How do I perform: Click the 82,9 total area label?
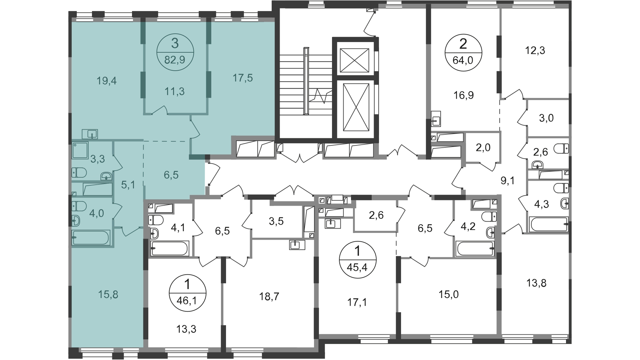pos(175,61)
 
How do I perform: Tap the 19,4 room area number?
pos(107,81)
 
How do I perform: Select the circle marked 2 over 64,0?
pos(464,53)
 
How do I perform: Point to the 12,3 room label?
pos(535,51)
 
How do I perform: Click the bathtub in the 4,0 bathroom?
pos(91,238)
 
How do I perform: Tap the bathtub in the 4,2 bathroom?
pos(475,249)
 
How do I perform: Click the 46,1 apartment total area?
pos(188,301)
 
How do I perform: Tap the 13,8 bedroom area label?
pos(537,283)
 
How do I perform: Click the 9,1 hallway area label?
pos(508,180)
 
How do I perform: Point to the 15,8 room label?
pos(108,294)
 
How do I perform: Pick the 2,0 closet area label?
pos(483,147)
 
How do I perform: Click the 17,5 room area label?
pos(243,78)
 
